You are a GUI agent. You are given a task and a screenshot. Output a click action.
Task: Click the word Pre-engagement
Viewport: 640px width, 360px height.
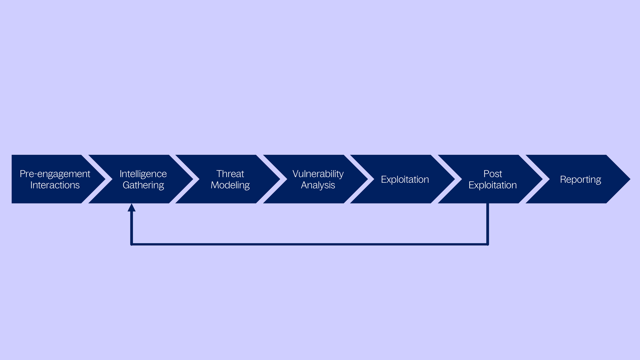click(x=55, y=174)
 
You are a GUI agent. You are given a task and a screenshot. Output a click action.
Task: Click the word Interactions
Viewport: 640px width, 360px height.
click(x=55, y=185)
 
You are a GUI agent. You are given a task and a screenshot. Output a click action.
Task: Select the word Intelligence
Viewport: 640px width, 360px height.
click(x=143, y=174)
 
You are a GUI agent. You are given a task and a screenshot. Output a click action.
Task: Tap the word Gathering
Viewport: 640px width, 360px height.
click(x=143, y=185)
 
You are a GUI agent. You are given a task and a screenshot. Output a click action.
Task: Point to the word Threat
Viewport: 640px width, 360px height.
click(x=230, y=174)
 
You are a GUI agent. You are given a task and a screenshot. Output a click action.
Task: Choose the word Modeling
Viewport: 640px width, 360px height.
click(x=230, y=185)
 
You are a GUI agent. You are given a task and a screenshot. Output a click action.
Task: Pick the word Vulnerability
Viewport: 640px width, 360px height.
click(x=318, y=174)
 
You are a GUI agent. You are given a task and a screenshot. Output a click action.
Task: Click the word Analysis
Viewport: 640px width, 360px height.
click(x=318, y=185)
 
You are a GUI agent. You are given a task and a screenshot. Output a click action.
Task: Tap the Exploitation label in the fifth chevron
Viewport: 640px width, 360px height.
click(x=405, y=179)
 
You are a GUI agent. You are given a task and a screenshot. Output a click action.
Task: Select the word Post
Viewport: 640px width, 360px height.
click(x=492, y=174)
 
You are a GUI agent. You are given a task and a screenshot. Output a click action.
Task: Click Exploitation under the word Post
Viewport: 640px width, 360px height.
click(x=492, y=185)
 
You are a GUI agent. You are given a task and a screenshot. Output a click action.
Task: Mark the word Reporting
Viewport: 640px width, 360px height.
click(x=580, y=179)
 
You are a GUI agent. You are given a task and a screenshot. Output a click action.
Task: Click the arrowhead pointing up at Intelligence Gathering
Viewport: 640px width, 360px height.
click(x=132, y=208)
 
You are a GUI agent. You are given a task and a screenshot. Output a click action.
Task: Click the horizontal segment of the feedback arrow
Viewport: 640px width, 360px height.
click(x=310, y=244)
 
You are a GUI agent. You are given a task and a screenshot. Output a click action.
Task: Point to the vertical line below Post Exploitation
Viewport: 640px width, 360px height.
click(x=488, y=223)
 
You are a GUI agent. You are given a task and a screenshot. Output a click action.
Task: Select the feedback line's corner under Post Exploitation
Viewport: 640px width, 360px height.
click(x=488, y=244)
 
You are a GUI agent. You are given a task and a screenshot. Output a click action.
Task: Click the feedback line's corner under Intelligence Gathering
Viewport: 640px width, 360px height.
click(x=132, y=244)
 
